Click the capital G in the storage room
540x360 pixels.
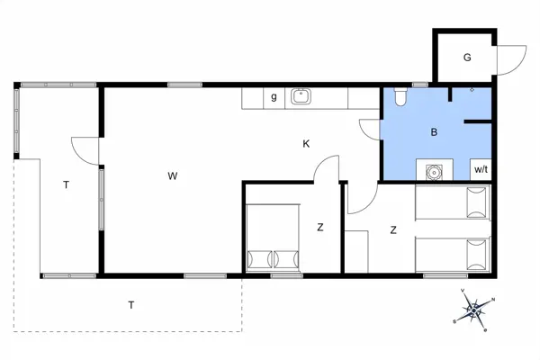[467, 58]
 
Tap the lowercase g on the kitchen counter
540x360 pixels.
[274, 97]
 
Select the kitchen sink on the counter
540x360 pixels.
[300, 97]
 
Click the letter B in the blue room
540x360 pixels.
[434, 132]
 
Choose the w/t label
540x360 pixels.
[481, 169]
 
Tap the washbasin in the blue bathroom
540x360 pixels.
[434, 170]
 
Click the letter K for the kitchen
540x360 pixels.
[306, 143]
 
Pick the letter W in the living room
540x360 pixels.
[171, 175]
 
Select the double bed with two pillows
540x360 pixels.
[273, 238]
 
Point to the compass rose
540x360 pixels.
[474, 310]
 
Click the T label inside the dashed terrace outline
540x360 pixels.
[131, 306]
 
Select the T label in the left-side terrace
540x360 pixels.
[66, 184]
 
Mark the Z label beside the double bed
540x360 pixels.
[319, 227]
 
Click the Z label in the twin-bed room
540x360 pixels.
[393, 230]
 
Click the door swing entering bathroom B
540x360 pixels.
[369, 129]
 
